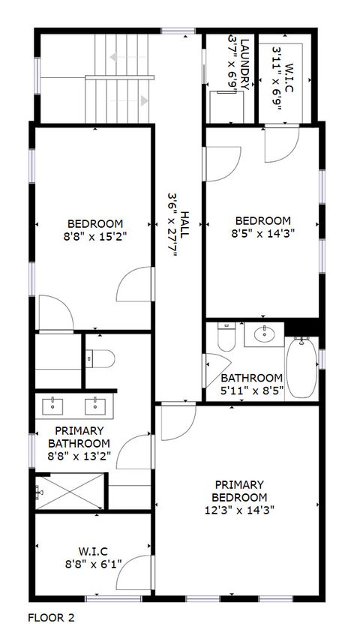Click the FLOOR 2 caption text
pyautogui.click(x=51, y=617)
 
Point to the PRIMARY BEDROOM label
pyautogui.click(x=240, y=490)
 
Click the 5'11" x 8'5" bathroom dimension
pyautogui.click(x=251, y=390)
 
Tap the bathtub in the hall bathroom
pyautogui.click(x=303, y=368)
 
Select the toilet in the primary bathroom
pyautogui.click(x=99, y=359)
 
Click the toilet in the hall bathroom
pyautogui.click(x=226, y=338)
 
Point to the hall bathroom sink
pyautogui.click(x=265, y=334)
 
